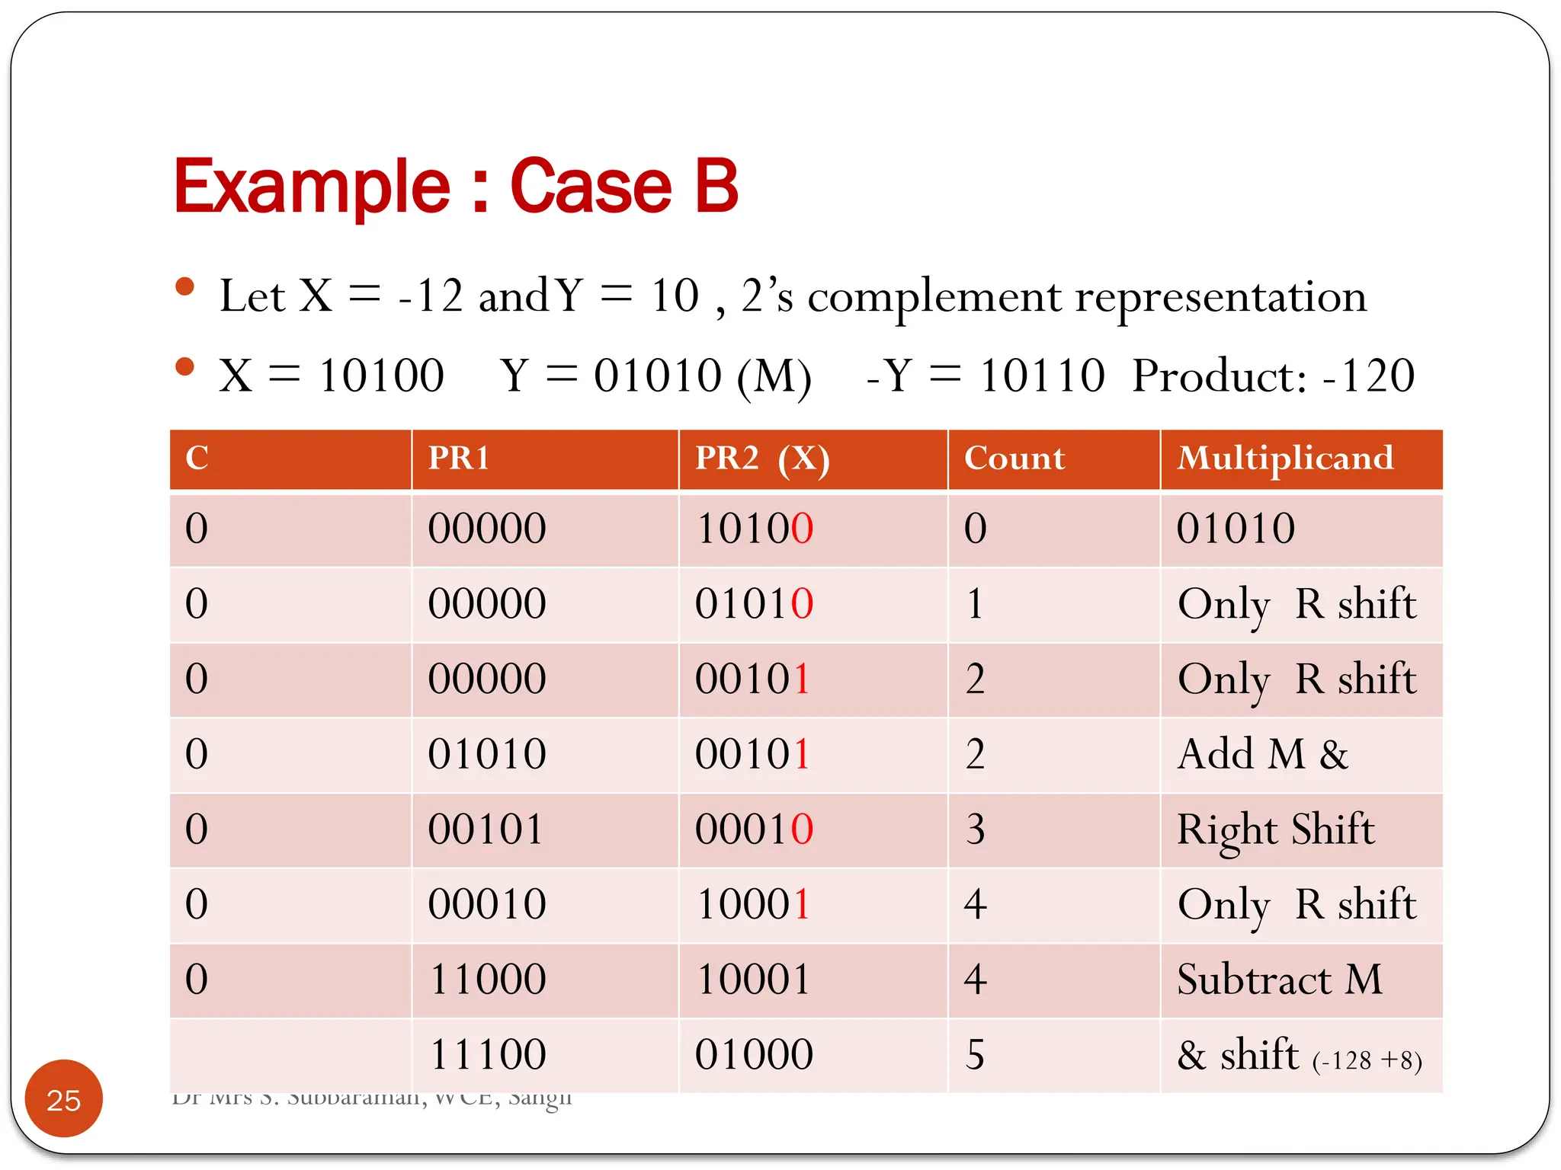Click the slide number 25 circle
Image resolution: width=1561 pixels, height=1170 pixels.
(x=63, y=1099)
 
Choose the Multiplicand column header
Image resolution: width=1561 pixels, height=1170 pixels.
(x=1285, y=458)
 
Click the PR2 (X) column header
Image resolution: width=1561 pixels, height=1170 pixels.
(x=761, y=459)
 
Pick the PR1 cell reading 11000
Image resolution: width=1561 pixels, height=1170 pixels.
(x=488, y=979)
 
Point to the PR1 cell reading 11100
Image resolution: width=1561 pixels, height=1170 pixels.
(x=488, y=1054)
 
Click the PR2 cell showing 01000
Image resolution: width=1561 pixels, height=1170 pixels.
(x=754, y=1054)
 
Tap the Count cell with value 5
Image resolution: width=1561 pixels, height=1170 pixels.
(x=975, y=1054)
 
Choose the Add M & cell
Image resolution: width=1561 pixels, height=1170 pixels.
(x=1262, y=754)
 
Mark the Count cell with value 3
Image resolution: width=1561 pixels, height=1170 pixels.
(x=975, y=829)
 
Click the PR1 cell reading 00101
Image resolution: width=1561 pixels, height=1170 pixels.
(x=486, y=829)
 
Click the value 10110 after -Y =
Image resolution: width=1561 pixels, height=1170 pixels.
(x=1042, y=376)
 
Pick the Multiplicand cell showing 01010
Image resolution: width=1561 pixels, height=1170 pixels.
(x=1236, y=528)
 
